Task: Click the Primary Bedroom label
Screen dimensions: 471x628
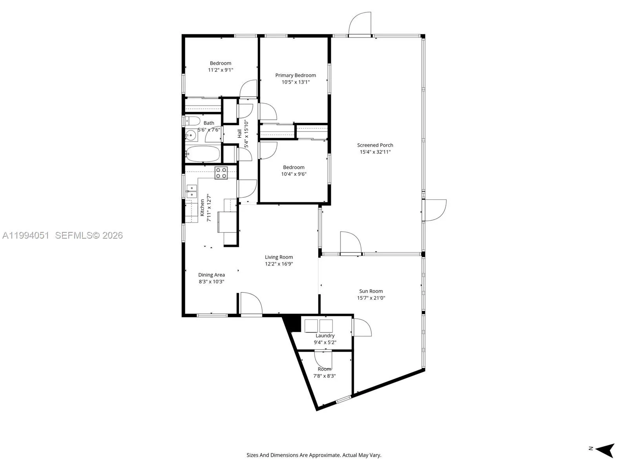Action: click(295, 75)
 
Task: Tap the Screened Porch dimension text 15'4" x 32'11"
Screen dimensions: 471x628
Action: click(375, 152)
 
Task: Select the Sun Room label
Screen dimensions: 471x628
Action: click(371, 291)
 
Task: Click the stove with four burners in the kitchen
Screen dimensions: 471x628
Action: click(221, 173)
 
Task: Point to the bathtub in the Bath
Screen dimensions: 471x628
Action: click(203, 154)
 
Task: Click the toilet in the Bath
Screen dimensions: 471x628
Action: click(192, 120)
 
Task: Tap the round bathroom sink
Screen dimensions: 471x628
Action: click(191, 136)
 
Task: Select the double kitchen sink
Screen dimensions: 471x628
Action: click(192, 191)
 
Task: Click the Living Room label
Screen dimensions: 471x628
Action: click(279, 257)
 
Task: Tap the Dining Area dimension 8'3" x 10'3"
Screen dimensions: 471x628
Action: click(211, 282)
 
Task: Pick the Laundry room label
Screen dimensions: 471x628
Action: click(325, 336)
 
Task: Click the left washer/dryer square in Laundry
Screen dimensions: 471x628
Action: click(311, 326)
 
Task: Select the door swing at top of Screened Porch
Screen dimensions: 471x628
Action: click(360, 24)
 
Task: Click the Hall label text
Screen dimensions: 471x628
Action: click(239, 133)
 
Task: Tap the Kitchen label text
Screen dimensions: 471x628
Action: click(202, 208)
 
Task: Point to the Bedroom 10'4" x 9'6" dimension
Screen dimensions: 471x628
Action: click(294, 174)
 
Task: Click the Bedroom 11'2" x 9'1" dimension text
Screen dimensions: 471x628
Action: click(221, 70)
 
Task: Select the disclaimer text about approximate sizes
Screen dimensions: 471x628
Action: click(314, 455)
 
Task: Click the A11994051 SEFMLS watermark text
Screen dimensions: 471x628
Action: click(63, 235)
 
